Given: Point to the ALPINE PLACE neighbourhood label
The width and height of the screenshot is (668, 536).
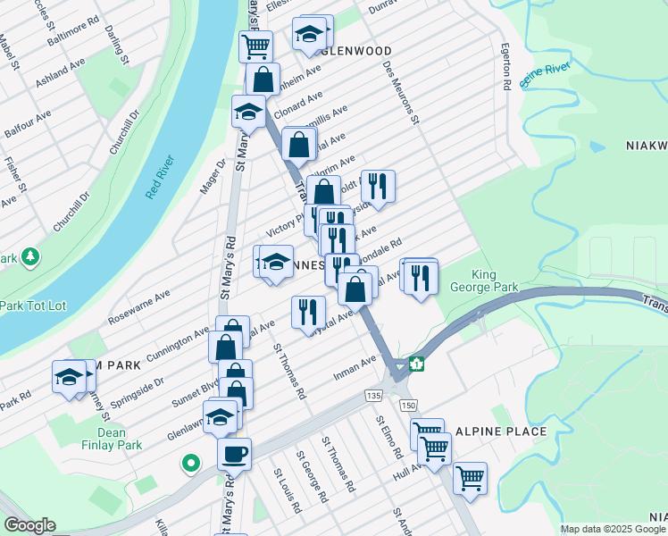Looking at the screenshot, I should tap(500, 431).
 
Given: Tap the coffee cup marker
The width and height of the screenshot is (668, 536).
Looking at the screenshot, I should tap(234, 454).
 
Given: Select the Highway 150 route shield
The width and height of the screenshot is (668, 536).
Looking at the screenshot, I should tap(408, 406).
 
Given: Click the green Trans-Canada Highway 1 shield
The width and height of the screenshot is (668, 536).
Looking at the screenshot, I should tap(415, 364).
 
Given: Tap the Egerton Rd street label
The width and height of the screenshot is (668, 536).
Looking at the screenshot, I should tap(505, 67).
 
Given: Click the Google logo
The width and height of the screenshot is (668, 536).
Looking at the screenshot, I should tap(29, 525).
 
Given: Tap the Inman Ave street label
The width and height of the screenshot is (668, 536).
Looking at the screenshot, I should tap(356, 366).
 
